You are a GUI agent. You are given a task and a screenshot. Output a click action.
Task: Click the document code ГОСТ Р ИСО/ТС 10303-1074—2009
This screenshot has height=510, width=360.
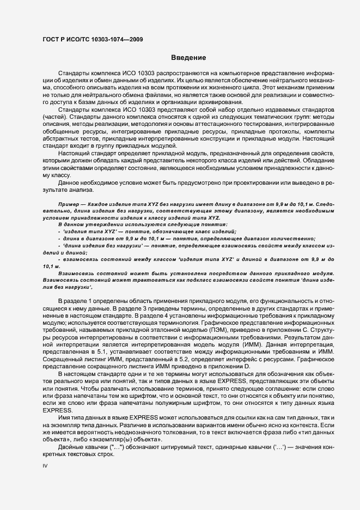click(x=93, y=39)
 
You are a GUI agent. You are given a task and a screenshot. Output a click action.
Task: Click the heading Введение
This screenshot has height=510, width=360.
click(x=188, y=57)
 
